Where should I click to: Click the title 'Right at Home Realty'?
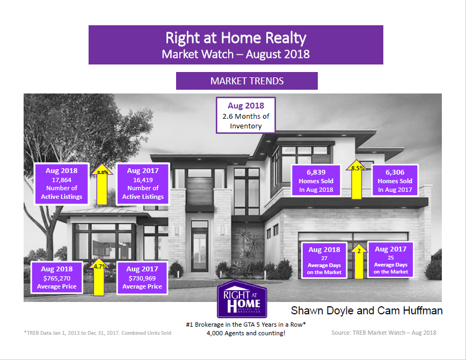tap(236, 38)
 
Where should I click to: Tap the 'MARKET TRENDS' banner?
tap(246, 81)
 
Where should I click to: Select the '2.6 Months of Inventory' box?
tap(246, 115)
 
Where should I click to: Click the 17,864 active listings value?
tap(62, 180)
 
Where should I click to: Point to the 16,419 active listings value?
tap(143, 180)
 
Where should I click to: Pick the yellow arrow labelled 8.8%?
tap(102, 184)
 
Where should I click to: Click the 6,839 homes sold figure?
tap(316, 172)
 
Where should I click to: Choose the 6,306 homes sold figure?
tap(395, 172)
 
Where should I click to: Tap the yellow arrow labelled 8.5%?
tap(356, 179)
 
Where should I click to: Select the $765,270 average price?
tap(57, 278)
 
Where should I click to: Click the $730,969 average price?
tap(142, 278)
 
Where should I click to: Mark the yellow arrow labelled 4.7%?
tap(99, 277)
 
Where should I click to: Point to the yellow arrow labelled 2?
tap(359, 261)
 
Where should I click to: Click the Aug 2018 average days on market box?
tap(324, 261)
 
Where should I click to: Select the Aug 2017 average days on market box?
tap(390, 260)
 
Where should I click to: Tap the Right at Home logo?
tap(242, 299)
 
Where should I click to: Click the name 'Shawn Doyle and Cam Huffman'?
tap(367, 311)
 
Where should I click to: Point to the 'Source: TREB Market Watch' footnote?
tap(384, 333)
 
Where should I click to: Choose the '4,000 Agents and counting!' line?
tap(246, 333)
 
